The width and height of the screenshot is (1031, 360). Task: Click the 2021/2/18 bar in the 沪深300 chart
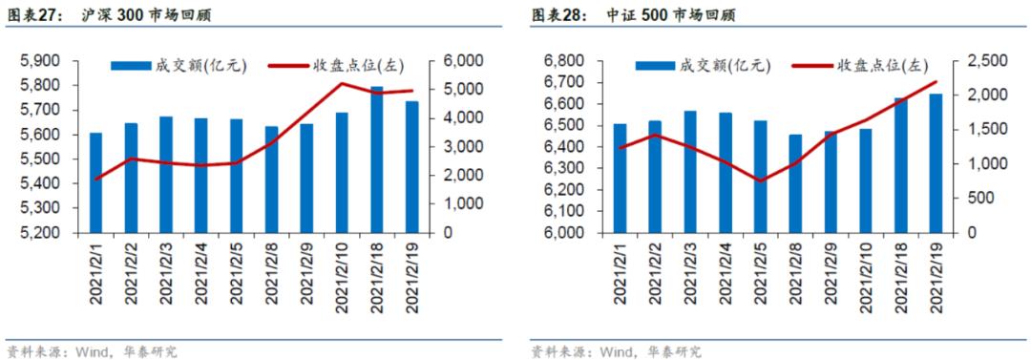coord(377,159)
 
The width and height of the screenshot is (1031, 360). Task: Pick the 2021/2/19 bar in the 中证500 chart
coord(936,163)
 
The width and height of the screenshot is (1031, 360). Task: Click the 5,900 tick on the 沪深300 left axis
coord(40,61)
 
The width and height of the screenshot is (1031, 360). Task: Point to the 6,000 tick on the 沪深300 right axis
coord(458,61)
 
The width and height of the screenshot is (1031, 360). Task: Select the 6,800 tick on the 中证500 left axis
coord(562,61)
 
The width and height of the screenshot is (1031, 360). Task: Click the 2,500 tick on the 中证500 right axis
coord(984,61)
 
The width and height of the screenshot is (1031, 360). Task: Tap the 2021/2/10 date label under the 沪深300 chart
coord(343,276)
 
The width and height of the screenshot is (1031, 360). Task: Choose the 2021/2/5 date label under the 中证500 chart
coord(761,276)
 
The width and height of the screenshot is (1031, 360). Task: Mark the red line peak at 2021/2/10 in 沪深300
coord(342,84)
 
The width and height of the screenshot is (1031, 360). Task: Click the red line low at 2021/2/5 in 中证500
coord(761,180)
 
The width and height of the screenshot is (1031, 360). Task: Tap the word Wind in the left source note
coord(94,351)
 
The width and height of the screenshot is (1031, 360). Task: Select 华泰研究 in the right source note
coord(674,351)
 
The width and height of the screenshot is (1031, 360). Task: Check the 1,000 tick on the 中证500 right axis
coord(984,164)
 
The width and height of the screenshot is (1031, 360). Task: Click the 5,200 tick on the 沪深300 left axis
coord(40,233)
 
